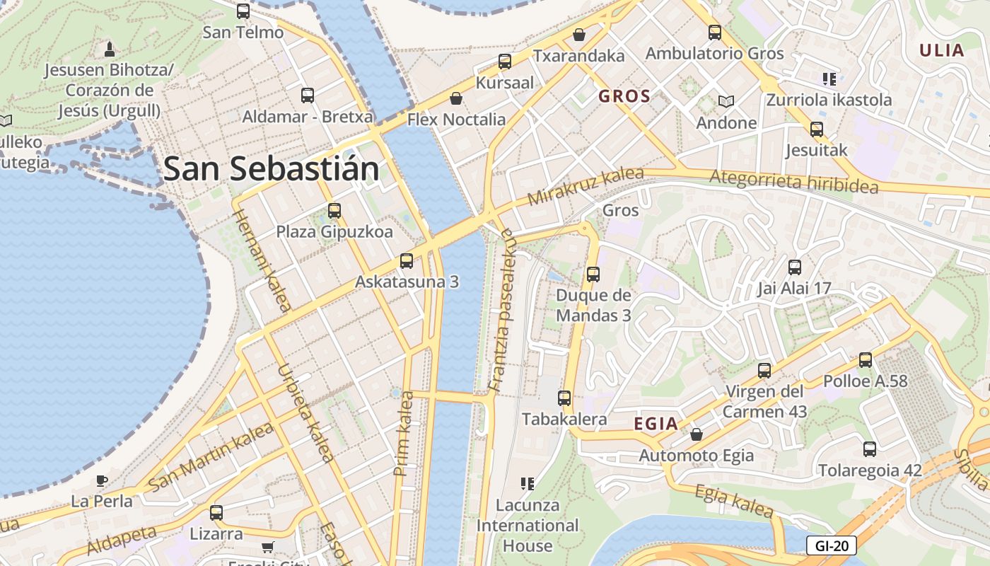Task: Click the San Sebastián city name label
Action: coord(272,170)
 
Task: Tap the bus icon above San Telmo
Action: coord(243,11)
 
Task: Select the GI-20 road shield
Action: coord(831,545)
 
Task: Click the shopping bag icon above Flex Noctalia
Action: coord(456,98)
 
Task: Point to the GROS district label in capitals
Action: coord(624,97)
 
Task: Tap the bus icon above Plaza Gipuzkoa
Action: coord(334,210)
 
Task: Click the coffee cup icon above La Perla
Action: coord(102,481)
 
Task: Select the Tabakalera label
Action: coord(564,419)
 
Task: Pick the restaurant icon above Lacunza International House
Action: coord(527,484)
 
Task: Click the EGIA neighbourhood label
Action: coord(656,424)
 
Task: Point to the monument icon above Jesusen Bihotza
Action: coord(110,50)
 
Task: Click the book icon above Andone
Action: coord(726,101)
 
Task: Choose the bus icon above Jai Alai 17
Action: coord(795,267)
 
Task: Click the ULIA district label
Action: coord(942,50)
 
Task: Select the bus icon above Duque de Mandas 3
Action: coord(593,274)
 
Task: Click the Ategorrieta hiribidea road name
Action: coord(793,182)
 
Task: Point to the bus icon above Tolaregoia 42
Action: coord(870,449)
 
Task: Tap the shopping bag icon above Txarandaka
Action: coord(579,35)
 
